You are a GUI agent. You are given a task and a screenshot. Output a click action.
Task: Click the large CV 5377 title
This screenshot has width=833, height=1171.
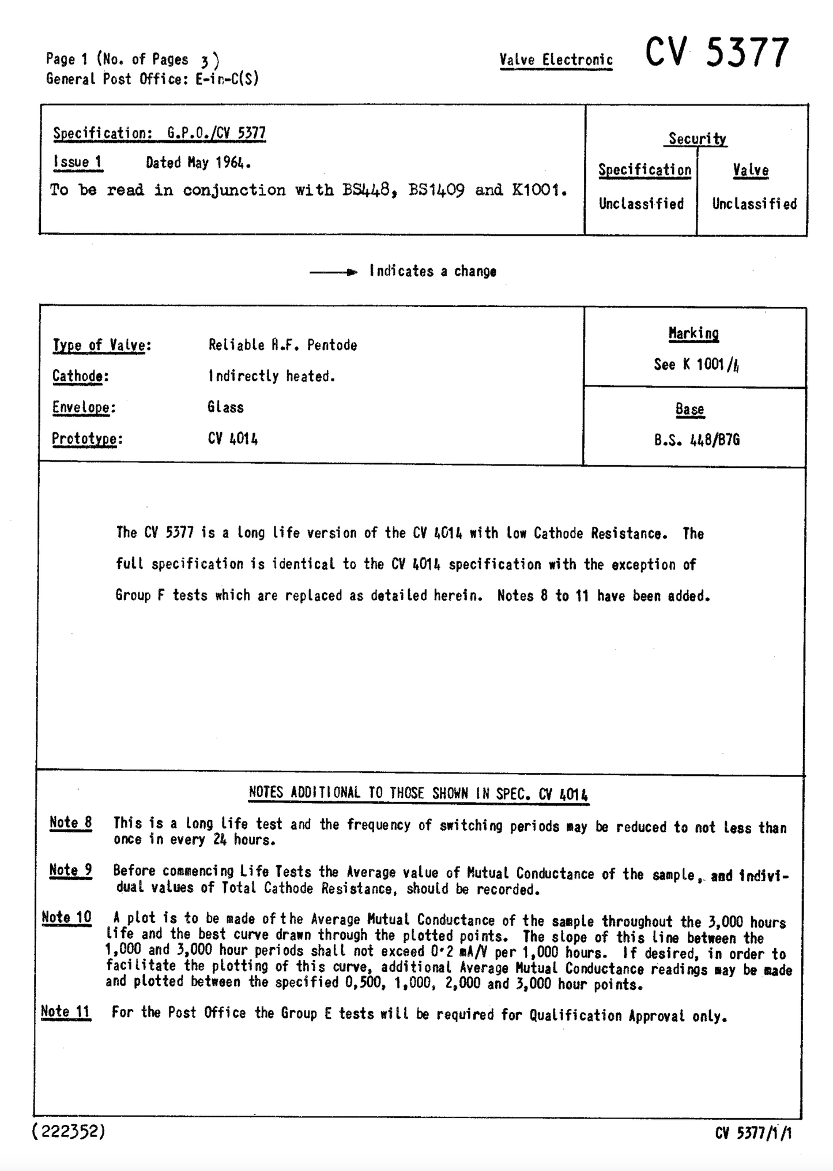coord(717,53)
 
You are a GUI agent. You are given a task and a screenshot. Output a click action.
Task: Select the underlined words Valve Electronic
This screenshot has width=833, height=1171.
coord(556,60)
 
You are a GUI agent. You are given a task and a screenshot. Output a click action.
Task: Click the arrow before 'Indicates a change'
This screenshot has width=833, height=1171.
coord(333,272)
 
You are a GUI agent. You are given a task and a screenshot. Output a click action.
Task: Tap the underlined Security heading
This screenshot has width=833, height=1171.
coord(697,138)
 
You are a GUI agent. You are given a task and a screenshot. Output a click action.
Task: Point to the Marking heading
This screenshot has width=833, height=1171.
coord(693,333)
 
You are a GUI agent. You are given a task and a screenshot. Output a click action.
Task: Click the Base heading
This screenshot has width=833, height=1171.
coord(690,409)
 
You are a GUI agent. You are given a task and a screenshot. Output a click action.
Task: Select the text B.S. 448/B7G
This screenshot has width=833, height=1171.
coord(697,441)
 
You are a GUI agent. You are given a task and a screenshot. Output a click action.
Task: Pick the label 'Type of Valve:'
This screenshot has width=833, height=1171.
coord(102,346)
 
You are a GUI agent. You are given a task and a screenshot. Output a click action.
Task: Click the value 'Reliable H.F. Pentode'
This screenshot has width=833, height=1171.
coord(282,346)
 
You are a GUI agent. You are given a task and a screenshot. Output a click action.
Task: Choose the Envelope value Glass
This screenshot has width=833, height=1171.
coord(225,407)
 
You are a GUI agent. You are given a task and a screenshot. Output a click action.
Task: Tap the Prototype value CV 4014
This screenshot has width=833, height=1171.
coord(233,439)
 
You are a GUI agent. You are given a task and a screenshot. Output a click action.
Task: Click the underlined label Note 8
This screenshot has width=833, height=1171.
coord(71,823)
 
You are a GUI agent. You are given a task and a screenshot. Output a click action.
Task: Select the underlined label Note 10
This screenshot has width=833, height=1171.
coord(67,917)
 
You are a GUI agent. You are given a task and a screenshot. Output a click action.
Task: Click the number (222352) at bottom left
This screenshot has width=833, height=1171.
coord(69,1132)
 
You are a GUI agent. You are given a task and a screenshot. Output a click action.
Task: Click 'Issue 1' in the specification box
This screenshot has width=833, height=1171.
coord(77,162)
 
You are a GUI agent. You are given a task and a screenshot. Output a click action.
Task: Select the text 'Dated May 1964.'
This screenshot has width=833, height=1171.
coord(198,163)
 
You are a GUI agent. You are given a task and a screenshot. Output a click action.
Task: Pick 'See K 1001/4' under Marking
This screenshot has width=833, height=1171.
coord(696,365)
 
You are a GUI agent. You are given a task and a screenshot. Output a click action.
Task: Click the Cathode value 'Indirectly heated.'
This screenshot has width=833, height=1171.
coord(272,377)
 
